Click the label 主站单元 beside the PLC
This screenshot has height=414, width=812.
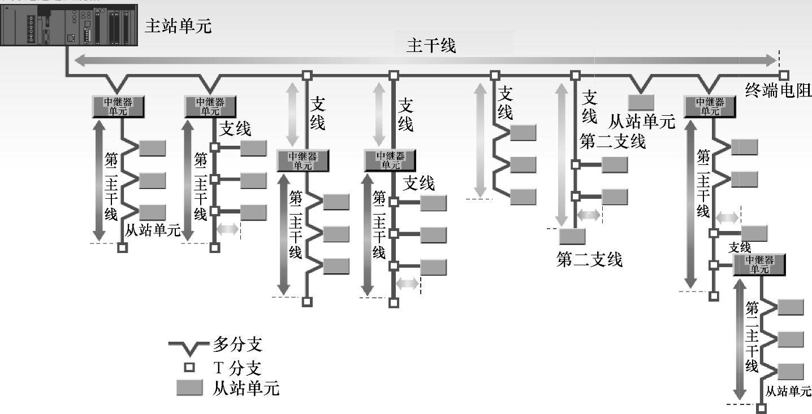(x=178, y=26)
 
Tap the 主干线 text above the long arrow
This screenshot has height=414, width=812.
(x=431, y=46)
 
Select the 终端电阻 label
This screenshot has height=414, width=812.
(x=778, y=90)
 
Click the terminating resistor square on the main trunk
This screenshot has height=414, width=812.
(x=783, y=75)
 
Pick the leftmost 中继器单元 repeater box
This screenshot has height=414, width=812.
(x=118, y=107)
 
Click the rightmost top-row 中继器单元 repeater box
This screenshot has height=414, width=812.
(x=710, y=107)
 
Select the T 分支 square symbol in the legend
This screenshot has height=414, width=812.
(x=189, y=368)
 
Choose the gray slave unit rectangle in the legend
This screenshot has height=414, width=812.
(x=189, y=388)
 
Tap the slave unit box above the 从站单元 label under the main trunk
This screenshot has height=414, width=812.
(x=641, y=102)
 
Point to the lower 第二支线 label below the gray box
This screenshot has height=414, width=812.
(x=589, y=259)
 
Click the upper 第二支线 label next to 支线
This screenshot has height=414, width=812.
(x=612, y=141)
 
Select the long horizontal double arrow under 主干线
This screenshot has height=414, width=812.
(x=426, y=60)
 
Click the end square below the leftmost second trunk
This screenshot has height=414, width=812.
(x=122, y=247)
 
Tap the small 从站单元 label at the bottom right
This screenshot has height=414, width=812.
(x=788, y=391)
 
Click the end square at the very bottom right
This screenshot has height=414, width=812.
(x=761, y=408)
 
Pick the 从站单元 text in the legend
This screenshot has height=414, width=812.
(x=246, y=389)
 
